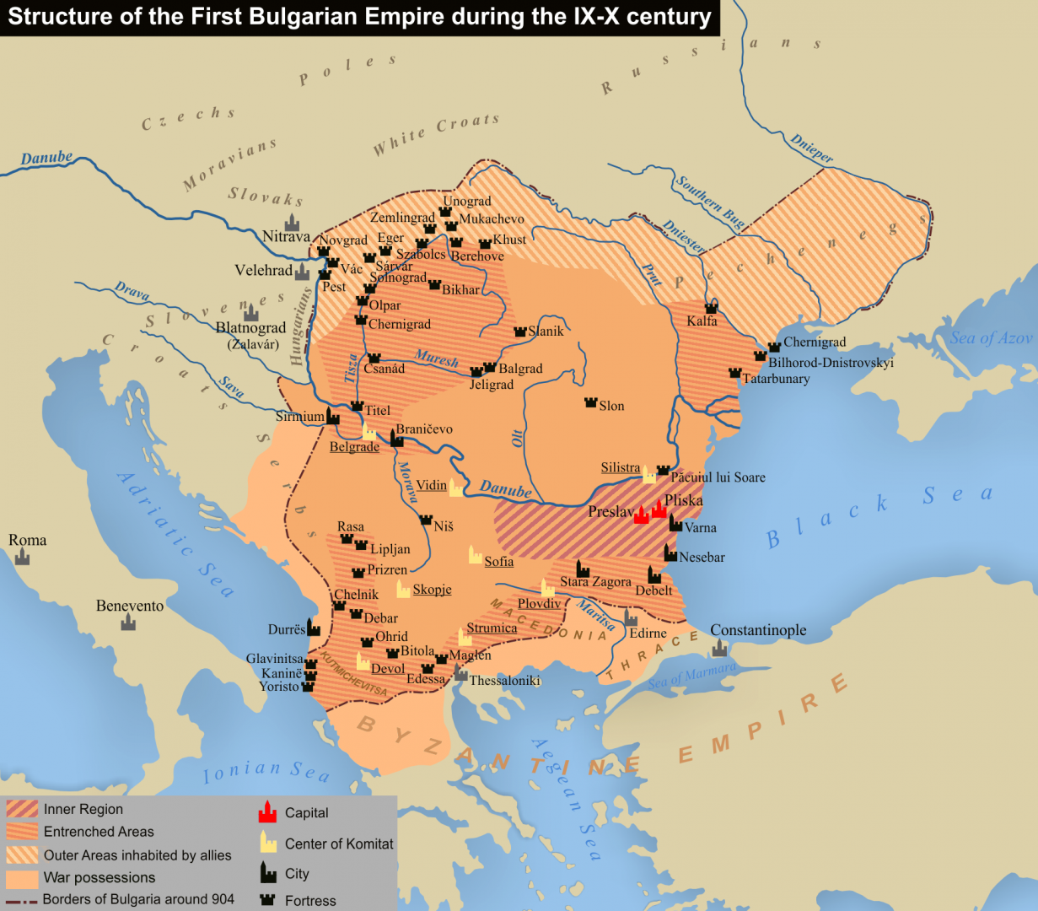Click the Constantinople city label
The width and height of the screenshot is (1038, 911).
758,630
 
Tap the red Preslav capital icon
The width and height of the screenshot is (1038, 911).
641,514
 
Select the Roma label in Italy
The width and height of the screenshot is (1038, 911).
27,540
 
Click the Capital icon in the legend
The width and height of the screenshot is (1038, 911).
267,812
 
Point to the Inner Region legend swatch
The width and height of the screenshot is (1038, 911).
22,809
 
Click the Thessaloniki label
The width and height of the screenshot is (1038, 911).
504,681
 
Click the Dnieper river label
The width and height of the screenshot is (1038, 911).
812,148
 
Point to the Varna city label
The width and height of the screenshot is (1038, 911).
700,528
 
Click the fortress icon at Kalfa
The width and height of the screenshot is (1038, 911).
711,308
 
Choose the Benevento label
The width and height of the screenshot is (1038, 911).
130,606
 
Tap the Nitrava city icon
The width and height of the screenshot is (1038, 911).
292,223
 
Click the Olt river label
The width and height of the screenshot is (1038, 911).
517,438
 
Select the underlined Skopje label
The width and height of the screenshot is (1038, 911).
432,590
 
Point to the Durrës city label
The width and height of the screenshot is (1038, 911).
286,630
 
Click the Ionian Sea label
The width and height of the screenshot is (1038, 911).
266,770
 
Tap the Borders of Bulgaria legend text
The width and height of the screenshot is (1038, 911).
138,899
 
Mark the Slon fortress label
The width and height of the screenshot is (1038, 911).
611,406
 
